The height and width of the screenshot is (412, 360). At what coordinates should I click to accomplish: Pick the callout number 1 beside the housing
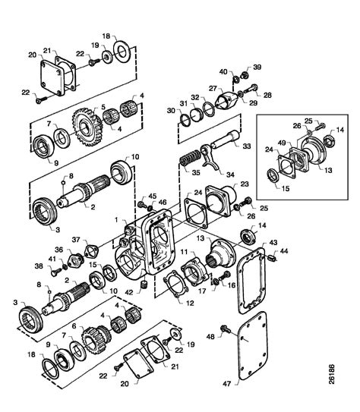(x=116, y=219)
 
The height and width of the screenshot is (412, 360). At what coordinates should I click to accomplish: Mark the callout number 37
(x=76, y=241)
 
